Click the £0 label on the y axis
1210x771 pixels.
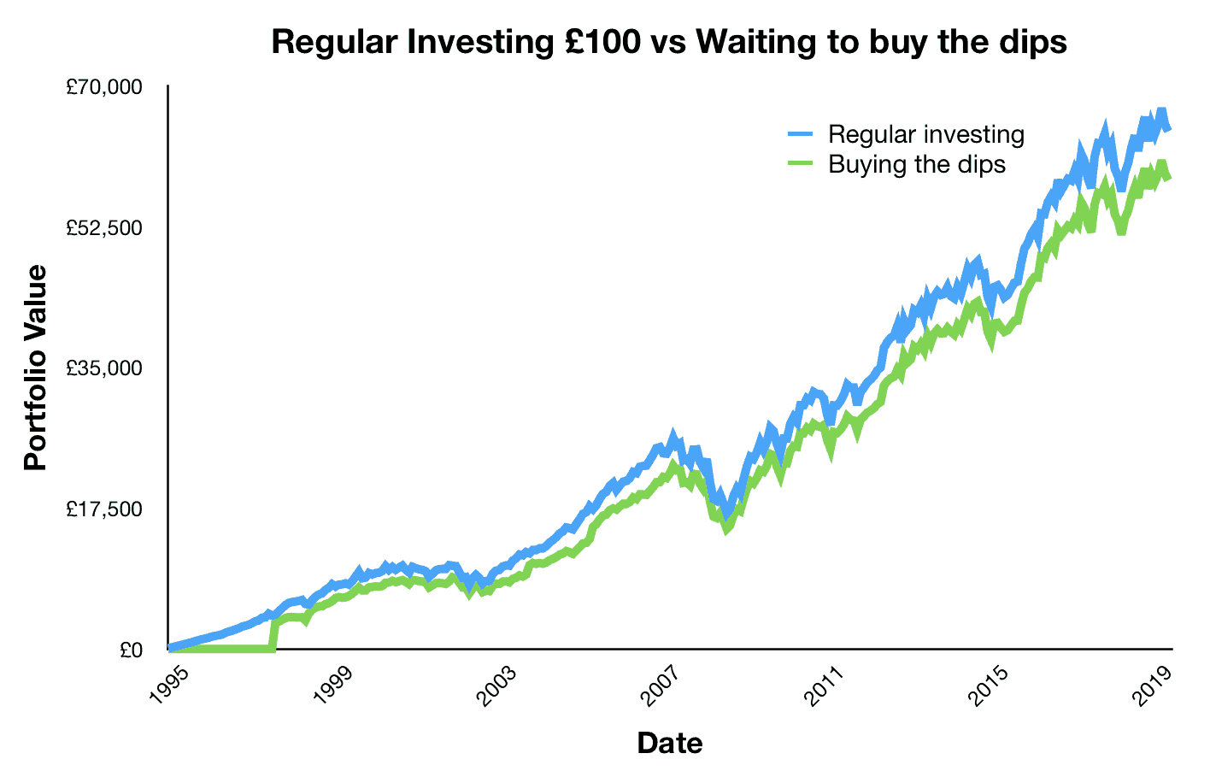pyautogui.click(x=131, y=650)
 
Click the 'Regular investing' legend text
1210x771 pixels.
pyautogui.click(x=926, y=134)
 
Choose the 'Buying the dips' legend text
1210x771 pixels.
pyautogui.click(x=917, y=163)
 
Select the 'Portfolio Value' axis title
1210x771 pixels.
pyautogui.click(x=36, y=368)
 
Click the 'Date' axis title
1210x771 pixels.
pyautogui.click(x=670, y=743)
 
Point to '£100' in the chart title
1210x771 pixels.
pyautogui.click(x=597, y=41)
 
